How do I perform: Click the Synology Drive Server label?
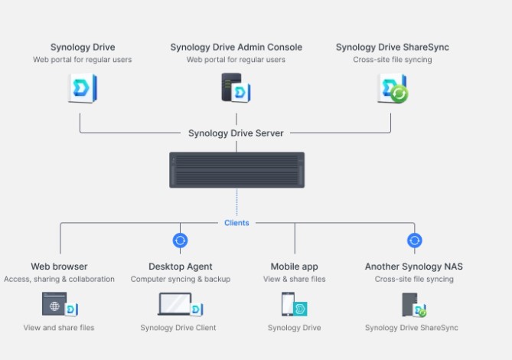coord(236,133)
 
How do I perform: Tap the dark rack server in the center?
coord(236,170)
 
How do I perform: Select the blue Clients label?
coord(236,223)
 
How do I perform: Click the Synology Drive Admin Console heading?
coord(236,47)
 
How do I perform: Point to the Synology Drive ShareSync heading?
coord(393,47)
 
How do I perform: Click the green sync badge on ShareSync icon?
coord(399,94)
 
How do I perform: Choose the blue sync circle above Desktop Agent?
coord(181,241)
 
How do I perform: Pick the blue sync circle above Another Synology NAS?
coord(415,241)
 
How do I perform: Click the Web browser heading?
coord(59,267)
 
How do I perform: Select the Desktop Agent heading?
coord(181,267)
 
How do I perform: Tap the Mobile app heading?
coord(294,267)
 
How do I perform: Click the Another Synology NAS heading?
coord(414,267)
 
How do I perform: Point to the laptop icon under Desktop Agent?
coord(175,304)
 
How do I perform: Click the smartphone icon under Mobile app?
coord(288,304)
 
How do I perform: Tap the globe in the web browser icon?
coord(54,306)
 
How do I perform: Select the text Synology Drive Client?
coord(178,328)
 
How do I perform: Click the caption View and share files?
coord(59,328)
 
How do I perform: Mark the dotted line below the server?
coord(236,202)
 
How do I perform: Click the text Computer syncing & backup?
coord(181,280)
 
